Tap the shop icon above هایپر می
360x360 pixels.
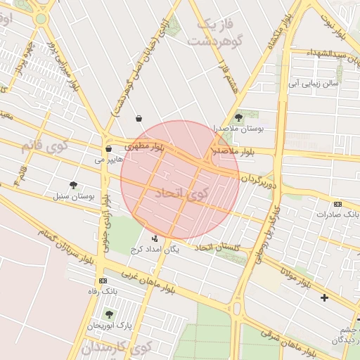pos(108,149)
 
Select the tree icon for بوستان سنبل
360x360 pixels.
pos(73,185)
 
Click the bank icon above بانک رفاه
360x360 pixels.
pos(103,281)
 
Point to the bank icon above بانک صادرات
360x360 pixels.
pos(337,204)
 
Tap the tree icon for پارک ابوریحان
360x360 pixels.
pos(108,314)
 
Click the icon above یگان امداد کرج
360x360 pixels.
pos(155,238)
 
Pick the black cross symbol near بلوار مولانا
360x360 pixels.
pos(324,297)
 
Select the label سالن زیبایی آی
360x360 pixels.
pos(311,82)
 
